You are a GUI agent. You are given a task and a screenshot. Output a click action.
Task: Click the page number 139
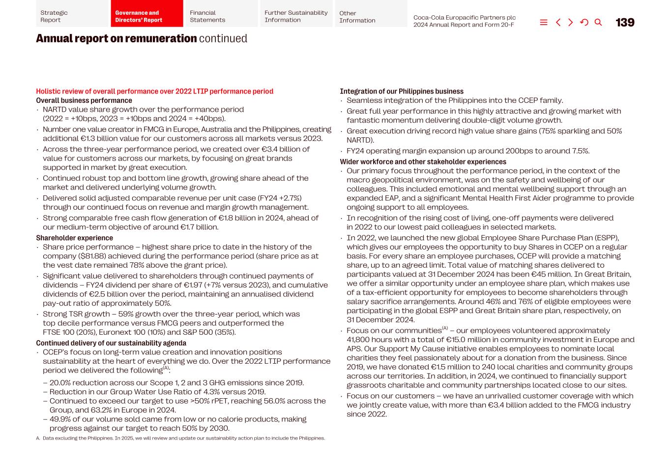[625, 23]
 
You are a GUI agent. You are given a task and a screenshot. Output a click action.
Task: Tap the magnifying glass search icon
[598, 23]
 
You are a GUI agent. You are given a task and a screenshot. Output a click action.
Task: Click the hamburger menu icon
[544, 23]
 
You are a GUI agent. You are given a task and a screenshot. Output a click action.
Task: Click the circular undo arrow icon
[584, 23]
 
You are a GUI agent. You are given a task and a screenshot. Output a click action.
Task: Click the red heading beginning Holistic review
[154, 92]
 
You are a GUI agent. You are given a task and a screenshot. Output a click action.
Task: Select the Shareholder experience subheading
[74, 238]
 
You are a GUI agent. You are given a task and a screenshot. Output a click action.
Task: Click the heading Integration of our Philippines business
[401, 92]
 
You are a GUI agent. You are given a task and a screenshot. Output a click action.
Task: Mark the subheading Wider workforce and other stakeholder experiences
[423, 162]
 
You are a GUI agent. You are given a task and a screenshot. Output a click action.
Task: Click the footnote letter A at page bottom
[38, 438]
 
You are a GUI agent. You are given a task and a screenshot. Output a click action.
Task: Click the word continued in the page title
[223, 38]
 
